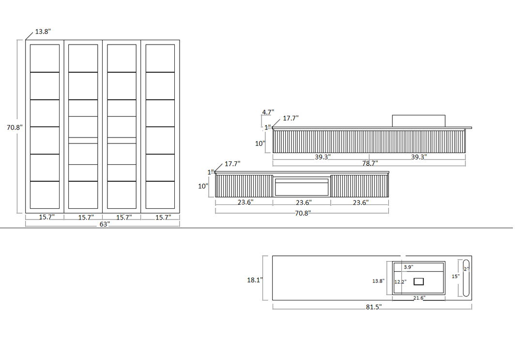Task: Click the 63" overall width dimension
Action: pyautogui.click(x=105, y=224)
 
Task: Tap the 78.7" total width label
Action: pyautogui.click(x=370, y=163)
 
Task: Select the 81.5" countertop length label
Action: pyautogui.click(x=373, y=307)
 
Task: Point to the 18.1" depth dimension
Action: pyautogui.click(x=255, y=280)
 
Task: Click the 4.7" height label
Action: pyautogui.click(x=268, y=112)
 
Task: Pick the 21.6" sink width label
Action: pyautogui.click(x=419, y=297)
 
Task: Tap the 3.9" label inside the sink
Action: pyautogui.click(x=408, y=267)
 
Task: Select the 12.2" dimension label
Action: pyautogui.click(x=400, y=282)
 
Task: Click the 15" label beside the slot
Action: pyautogui.click(x=456, y=276)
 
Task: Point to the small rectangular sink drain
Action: pyautogui.click(x=418, y=282)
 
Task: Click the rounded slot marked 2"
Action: pyautogui.click(x=466, y=278)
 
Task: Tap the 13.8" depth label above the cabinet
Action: pyautogui.click(x=43, y=31)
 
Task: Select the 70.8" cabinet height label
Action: pyautogui.click(x=15, y=127)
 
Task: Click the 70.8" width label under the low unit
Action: pyautogui.click(x=303, y=213)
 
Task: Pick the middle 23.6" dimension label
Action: pyautogui.click(x=304, y=203)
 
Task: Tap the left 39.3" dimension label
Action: pyautogui.click(x=323, y=157)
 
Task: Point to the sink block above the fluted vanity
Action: pyautogui.click(x=418, y=121)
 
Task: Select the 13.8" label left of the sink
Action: pyautogui.click(x=378, y=281)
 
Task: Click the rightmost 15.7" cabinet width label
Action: pyautogui.click(x=163, y=217)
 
